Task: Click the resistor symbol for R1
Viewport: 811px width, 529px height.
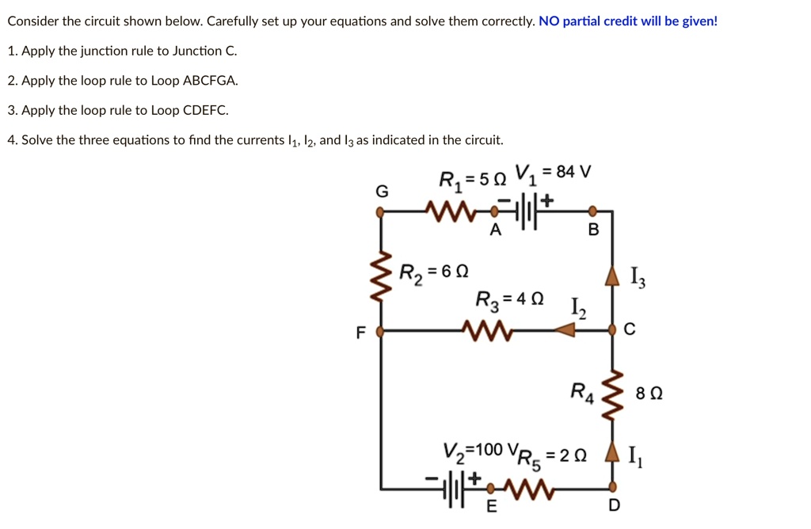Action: coord(447,211)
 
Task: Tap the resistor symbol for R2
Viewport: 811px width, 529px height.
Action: coord(382,272)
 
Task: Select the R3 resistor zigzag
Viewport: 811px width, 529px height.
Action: coord(490,329)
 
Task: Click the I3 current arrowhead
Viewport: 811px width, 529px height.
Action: coord(611,276)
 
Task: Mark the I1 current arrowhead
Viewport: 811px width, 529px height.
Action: coord(611,455)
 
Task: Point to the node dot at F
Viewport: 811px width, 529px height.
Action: coord(381,330)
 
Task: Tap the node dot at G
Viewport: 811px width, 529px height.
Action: coord(381,211)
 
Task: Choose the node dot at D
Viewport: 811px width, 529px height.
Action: coord(611,485)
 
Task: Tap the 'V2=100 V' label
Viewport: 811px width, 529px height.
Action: coord(474,451)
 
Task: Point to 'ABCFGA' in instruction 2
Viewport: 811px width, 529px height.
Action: coord(210,81)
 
